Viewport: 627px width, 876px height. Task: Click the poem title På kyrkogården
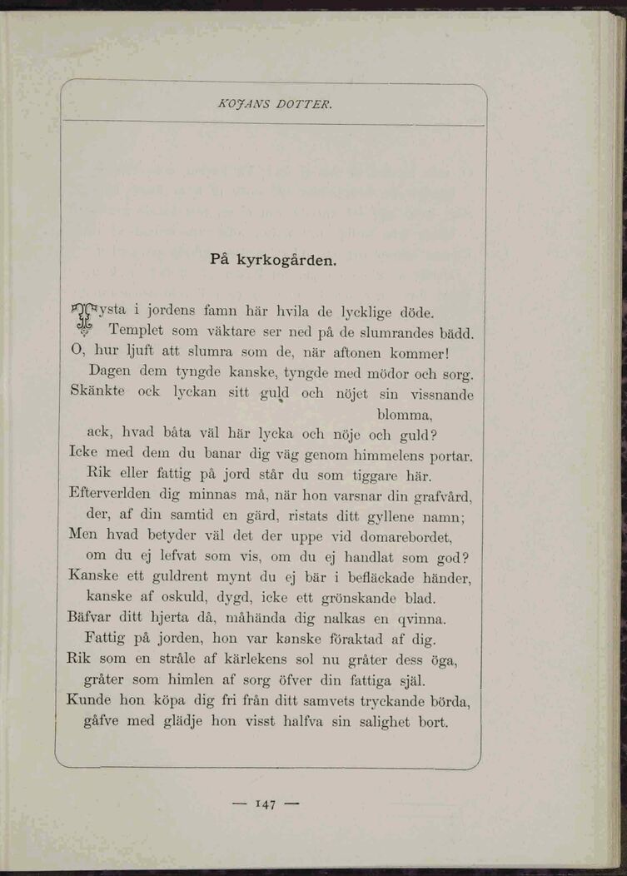pos(274,260)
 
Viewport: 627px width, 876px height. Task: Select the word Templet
pos(139,331)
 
